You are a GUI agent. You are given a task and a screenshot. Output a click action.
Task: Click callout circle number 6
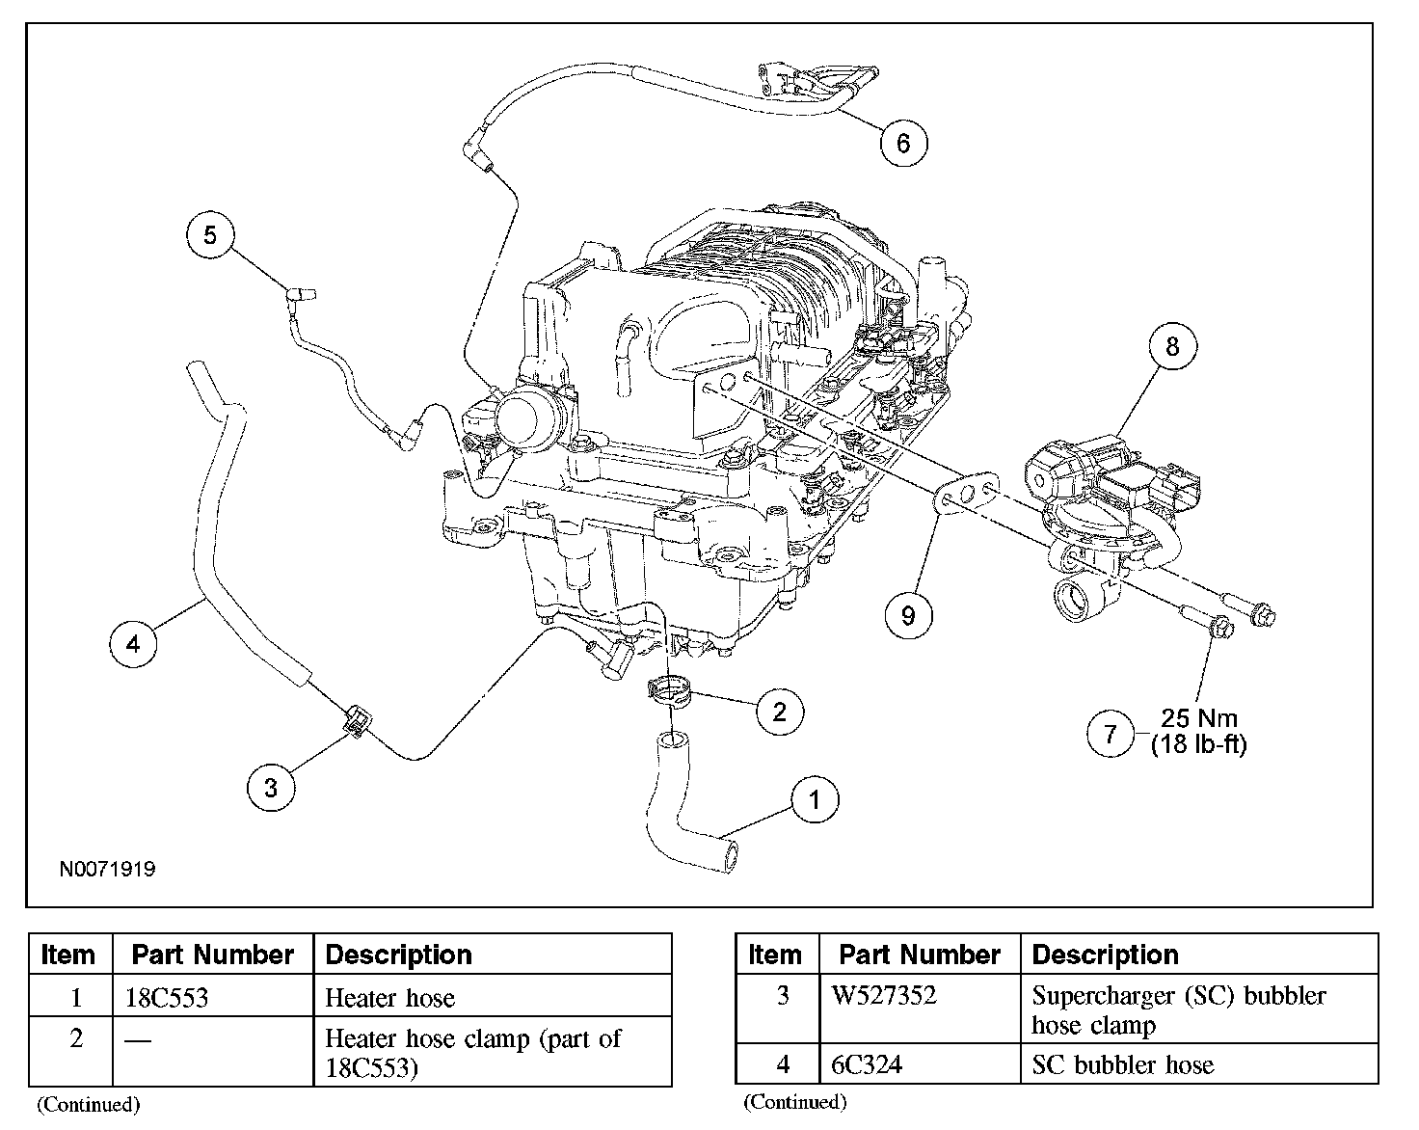(x=903, y=143)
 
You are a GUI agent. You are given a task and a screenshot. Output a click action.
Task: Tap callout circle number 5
(x=211, y=234)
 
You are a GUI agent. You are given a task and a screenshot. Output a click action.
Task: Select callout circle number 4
(x=133, y=641)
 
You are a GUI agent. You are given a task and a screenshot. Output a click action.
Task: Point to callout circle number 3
(x=270, y=788)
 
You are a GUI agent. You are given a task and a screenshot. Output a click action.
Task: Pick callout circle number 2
(x=779, y=712)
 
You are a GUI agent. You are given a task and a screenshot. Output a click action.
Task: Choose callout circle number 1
(x=815, y=799)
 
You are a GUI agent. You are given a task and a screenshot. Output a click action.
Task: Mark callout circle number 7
(x=1111, y=735)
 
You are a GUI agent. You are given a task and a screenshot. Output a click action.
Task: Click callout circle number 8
(x=1172, y=346)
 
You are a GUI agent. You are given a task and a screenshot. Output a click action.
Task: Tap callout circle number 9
(x=908, y=614)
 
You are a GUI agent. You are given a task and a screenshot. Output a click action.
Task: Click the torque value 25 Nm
(x=1199, y=718)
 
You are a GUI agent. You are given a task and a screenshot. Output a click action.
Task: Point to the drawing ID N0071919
(x=107, y=869)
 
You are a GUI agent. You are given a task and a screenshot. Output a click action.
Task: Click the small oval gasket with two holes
(x=967, y=498)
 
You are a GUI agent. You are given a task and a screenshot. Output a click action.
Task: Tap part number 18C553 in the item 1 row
(x=167, y=997)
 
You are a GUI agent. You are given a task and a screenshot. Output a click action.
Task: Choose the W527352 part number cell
(x=883, y=995)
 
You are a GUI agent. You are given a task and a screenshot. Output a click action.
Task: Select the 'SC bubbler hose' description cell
(x=1122, y=1064)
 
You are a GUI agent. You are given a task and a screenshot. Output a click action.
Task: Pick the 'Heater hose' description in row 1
(x=389, y=997)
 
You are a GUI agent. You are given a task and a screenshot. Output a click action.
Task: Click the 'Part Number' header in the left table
(x=212, y=955)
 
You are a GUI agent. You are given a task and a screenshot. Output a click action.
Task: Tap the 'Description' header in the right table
(x=1105, y=955)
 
